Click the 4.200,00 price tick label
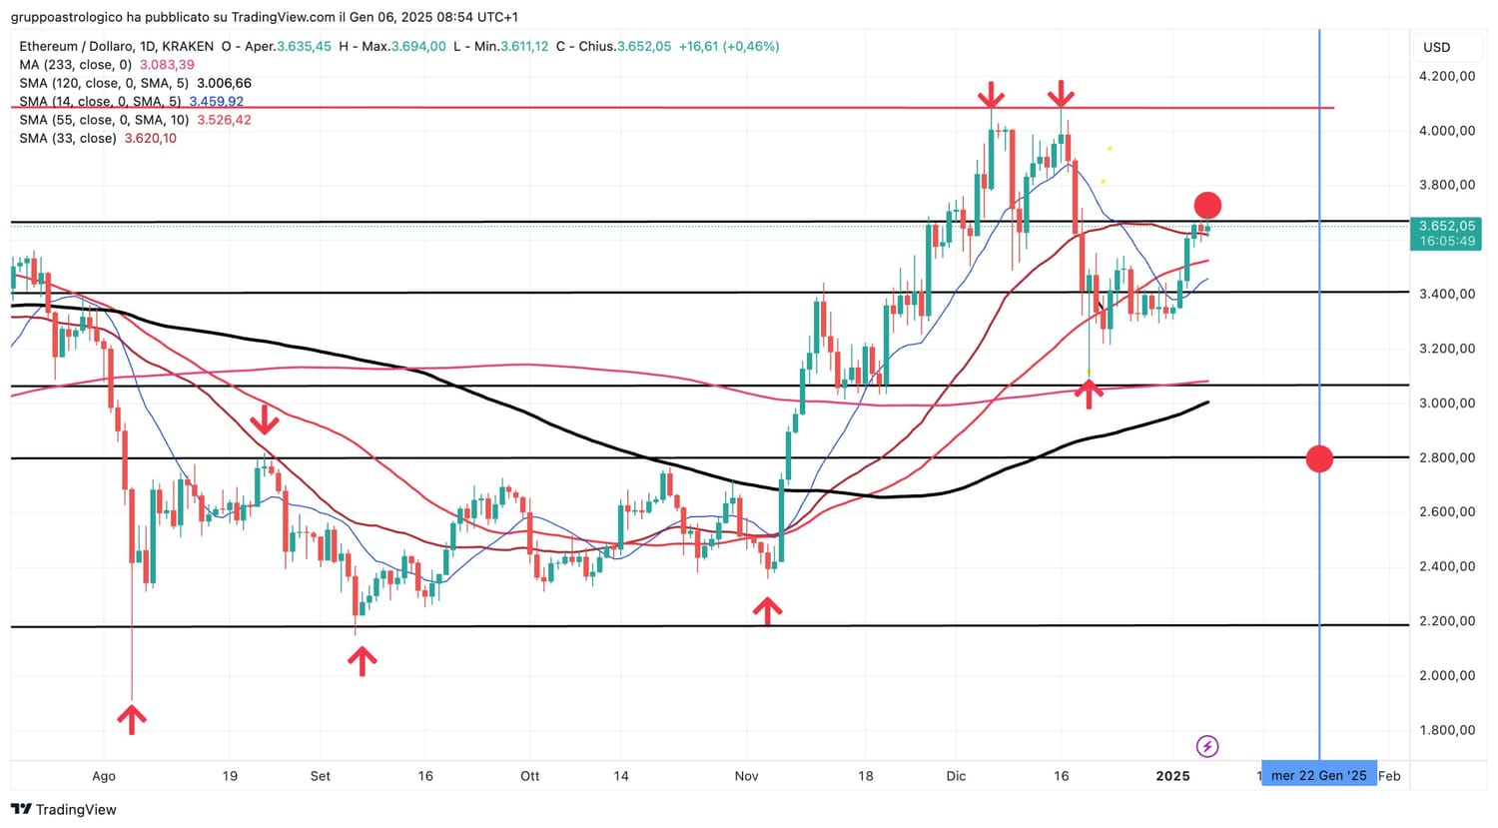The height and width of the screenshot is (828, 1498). [1447, 76]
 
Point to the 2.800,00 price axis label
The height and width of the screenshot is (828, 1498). [1447, 457]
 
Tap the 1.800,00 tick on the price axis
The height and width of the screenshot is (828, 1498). [1447, 730]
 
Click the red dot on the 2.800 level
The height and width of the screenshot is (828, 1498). [1319, 458]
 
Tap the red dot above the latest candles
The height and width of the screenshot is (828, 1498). [1207, 206]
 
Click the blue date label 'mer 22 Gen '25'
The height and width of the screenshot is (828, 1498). [1318, 775]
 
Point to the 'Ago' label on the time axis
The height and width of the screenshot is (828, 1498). [104, 776]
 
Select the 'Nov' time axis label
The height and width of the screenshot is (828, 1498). [746, 776]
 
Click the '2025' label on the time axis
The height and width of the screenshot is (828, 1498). [1172, 776]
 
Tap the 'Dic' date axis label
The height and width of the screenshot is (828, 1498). [956, 776]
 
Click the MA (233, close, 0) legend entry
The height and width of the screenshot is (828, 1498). [75, 65]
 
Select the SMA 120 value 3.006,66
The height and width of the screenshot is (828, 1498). [225, 83]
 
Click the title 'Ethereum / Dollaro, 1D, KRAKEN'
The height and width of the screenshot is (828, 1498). [116, 46]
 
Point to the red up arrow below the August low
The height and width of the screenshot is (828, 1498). [132, 718]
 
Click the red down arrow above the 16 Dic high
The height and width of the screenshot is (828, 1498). [1061, 96]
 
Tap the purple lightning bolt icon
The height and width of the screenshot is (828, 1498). [1207, 746]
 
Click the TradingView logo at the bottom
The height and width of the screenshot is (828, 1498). [64, 809]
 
